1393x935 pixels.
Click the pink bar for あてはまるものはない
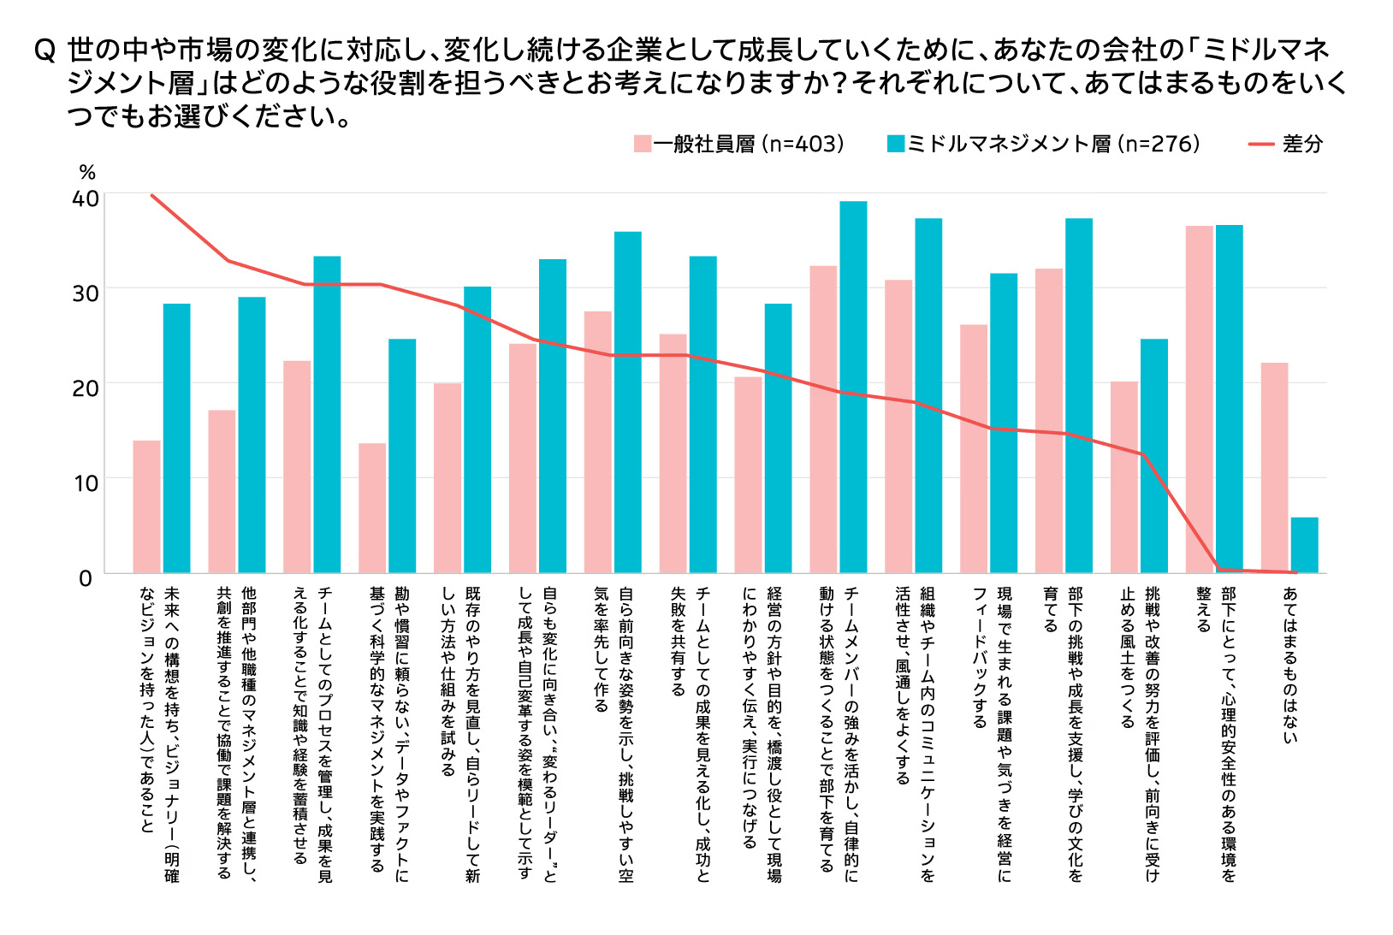coord(1274,468)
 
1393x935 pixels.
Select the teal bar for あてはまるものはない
coord(1304,545)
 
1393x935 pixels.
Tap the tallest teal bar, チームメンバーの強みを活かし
coord(853,387)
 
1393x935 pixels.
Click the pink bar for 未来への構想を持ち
coord(146,506)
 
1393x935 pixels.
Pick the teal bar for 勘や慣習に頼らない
coord(402,456)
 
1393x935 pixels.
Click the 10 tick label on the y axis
coord(86,483)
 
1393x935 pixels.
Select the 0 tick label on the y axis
coord(86,578)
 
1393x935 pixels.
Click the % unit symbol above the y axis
coord(87,174)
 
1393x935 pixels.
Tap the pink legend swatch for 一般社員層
coord(643,144)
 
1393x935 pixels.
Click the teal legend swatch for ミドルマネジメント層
coord(896,144)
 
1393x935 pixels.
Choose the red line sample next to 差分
coord(1261,144)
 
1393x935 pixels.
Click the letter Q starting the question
coord(44,50)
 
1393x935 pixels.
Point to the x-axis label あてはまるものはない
coord(1289,664)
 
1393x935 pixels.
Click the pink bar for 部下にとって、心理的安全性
coord(1199,399)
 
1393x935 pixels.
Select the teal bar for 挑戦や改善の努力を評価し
coord(1153,456)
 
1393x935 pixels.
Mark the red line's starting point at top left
coord(152,195)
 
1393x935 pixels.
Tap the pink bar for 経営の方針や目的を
coord(748,475)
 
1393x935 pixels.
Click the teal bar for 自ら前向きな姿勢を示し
coord(627,402)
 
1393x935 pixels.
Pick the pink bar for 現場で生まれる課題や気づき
coord(973,449)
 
